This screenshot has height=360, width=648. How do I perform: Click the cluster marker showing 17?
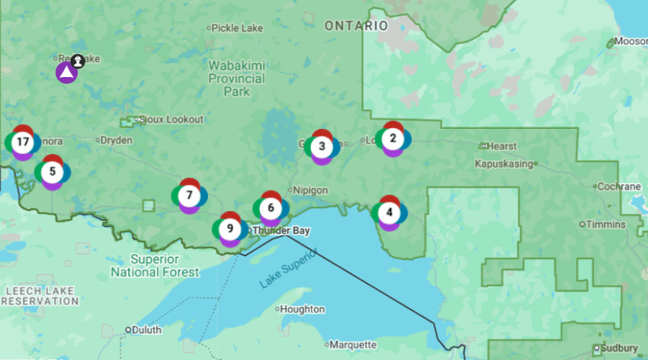coord(22,142)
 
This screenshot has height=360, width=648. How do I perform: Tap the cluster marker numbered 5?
coord(52,172)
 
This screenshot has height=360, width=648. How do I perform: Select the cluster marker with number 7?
coord(189,195)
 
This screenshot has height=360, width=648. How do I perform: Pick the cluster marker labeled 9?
coord(230,229)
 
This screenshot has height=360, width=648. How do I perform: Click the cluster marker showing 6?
coord(271,208)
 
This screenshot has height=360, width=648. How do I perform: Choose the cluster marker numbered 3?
coord(322,147)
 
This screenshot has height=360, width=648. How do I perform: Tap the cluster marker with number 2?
coord(392,138)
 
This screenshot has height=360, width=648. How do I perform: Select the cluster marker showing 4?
coord(390,212)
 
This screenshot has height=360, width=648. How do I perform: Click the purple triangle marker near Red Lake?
coord(66,72)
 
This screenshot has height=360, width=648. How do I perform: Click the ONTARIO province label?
coord(356,26)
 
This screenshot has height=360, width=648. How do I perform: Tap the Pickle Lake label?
coord(238,28)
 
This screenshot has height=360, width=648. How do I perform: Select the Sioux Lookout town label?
coord(171,120)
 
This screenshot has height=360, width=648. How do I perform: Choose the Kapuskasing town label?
coord(504,163)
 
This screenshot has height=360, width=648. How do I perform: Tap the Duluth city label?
coord(145,330)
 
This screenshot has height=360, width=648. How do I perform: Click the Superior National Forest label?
coord(155,266)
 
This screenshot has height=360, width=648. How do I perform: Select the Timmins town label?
coord(606,225)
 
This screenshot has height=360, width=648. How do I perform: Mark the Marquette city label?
coord(354,345)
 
